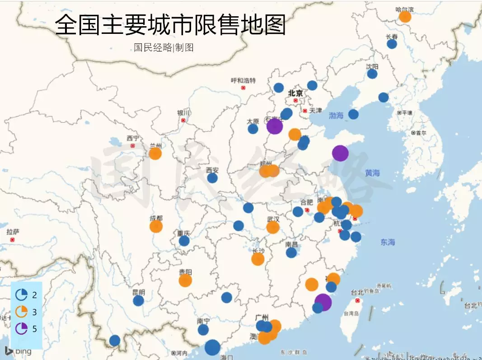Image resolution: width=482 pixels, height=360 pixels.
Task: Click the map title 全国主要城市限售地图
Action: pyautogui.click(x=170, y=24)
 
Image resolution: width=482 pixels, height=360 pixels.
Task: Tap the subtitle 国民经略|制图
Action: pyautogui.click(x=164, y=47)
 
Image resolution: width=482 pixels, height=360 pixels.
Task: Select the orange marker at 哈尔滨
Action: pyautogui.click(x=405, y=17)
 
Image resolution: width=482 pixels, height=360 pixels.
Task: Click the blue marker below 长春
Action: pyautogui.click(x=392, y=44)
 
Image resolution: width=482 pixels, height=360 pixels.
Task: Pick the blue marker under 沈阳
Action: pyautogui.click(x=372, y=74)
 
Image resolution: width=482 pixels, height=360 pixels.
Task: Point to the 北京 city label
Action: pyautogui.click(x=295, y=94)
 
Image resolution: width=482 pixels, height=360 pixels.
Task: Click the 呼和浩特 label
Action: pyautogui.click(x=243, y=80)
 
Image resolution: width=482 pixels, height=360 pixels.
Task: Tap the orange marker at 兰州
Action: pyautogui.click(x=155, y=154)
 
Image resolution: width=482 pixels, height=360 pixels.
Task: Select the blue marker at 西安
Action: pyautogui.click(x=212, y=178)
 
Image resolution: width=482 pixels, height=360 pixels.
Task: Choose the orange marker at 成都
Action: pyautogui.click(x=156, y=226)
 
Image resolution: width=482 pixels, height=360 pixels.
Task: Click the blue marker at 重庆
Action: pyautogui.click(x=184, y=241)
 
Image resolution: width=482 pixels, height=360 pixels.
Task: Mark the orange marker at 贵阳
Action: pyautogui.click(x=185, y=281)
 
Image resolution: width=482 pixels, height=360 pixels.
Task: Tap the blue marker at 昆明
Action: pyautogui.click(x=138, y=300)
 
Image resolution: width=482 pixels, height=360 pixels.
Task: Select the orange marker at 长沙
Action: pyautogui.click(x=257, y=259)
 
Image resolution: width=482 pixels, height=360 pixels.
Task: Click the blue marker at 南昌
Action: pyautogui.click(x=291, y=252)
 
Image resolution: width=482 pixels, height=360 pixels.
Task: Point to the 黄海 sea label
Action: pyautogui.click(x=373, y=173)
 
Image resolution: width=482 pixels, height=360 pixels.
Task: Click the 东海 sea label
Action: pyautogui.click(x=387, y=242)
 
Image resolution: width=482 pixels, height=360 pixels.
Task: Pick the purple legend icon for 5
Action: pyautogui.click(x=21, y=328)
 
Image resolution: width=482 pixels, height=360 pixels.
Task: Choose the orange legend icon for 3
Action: pyautogui.click(x=21, y=312)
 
